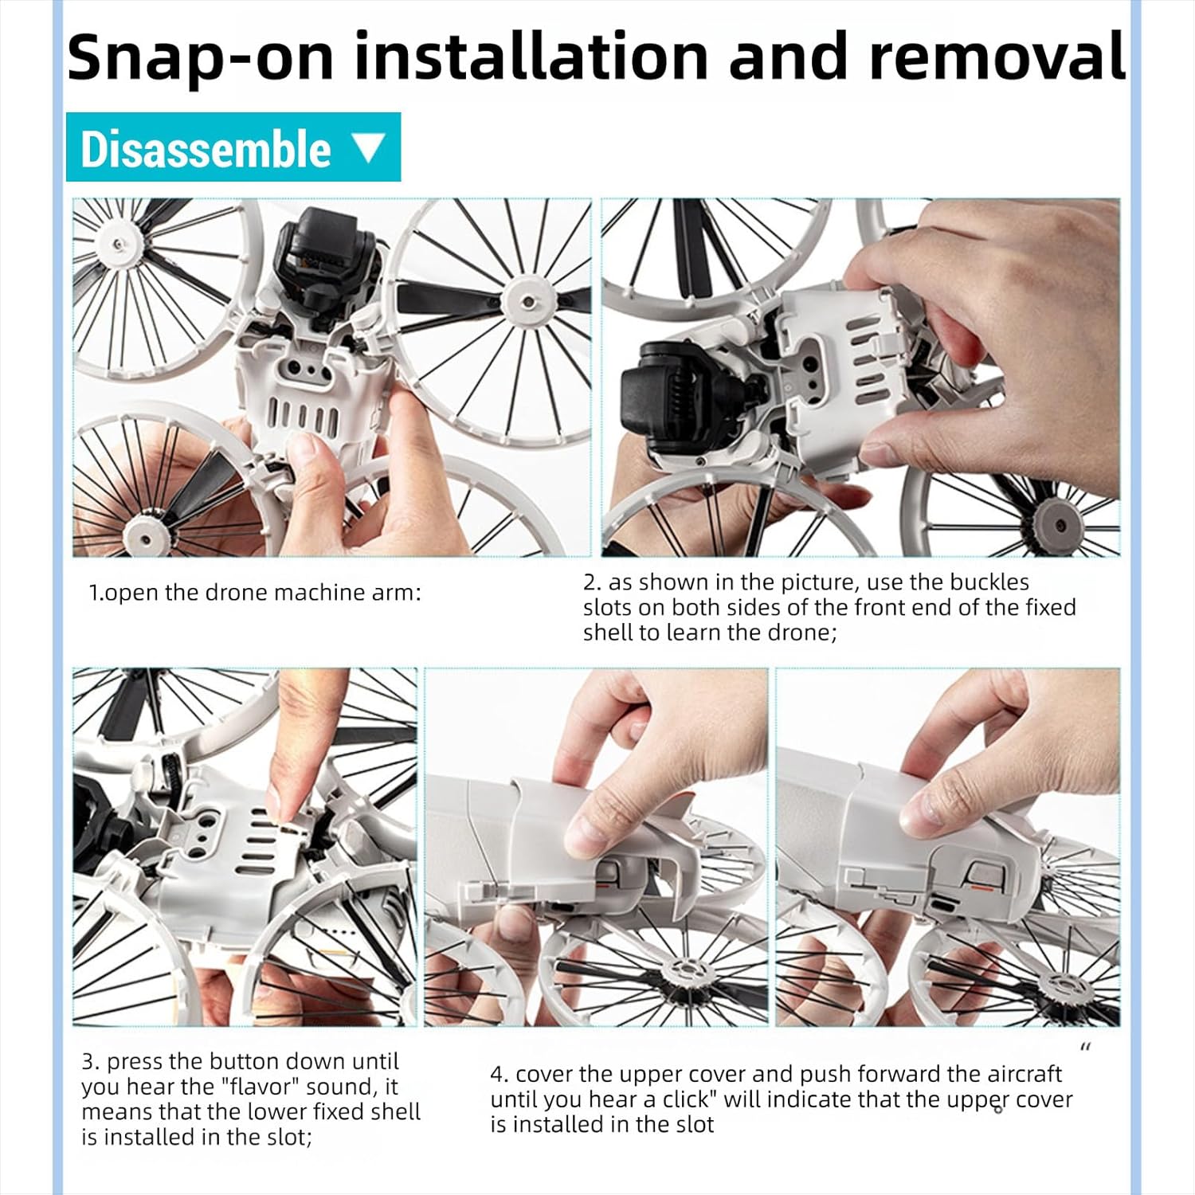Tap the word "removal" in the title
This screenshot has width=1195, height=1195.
(997, 57)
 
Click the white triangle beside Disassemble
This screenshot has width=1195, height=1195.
(367, 148)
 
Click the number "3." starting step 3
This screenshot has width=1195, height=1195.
(91, 1062)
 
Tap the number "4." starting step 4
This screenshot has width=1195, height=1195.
(500, 1075)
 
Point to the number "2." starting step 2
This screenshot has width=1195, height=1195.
(593, 582)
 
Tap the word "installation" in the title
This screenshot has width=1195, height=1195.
(531, 57)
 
